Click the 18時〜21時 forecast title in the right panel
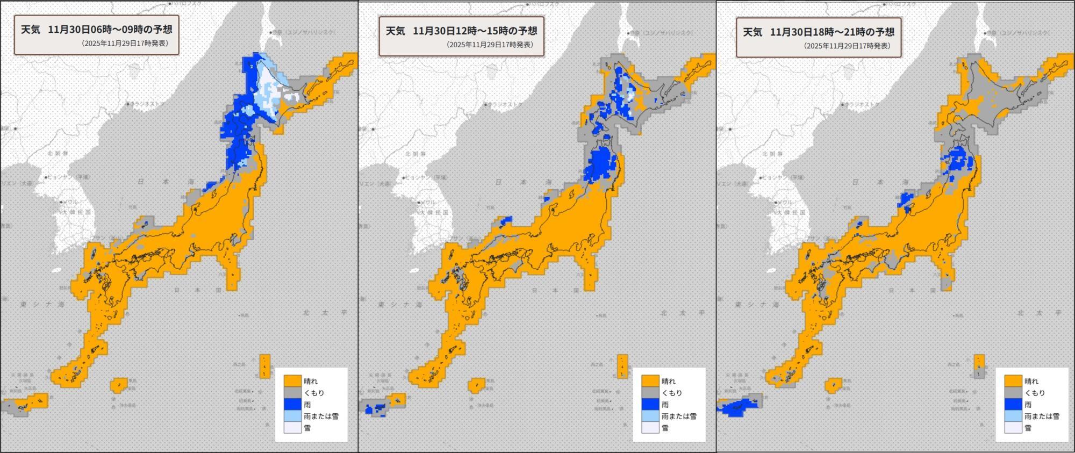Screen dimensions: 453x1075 tap(832, 32)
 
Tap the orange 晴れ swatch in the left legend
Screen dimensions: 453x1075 tap(292, 381)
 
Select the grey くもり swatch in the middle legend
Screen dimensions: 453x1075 tap(650, 393)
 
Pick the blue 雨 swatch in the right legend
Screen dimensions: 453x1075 tap(1013, 405)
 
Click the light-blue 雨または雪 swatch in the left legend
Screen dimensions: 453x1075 tap(292, 416)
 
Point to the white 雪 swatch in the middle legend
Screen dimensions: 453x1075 tap(650, 428)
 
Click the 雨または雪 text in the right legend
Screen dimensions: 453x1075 tap(1042, 416)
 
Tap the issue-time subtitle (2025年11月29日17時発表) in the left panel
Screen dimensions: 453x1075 tap(125, 44)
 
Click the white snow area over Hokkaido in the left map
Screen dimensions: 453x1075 tap(269, 86)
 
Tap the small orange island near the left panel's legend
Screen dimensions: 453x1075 tap(264, 365)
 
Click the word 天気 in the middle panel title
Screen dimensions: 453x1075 tap(395, 31)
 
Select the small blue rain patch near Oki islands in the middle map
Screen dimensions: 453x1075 tap(506, 220)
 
